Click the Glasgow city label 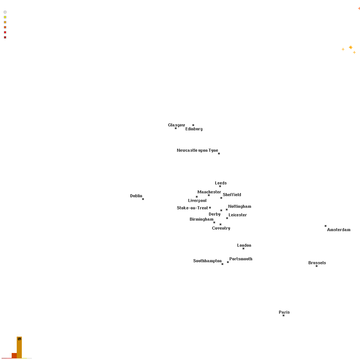pyautogui.click(x=176, y=125)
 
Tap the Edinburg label pyautogui.click(x=194, y=129)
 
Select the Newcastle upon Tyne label pyautogui.click(x=197, y=150)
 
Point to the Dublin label pyautogui.click(x=136, y=196)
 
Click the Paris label pyautogui.click(x=284, y=312)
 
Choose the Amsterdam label pyautogui.click(x=339, y=230)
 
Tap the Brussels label pyautogui.click(x=317, y=263)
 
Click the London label pyautogui.click(x=244, y=246)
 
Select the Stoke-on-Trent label pyautogui.click(x=192, y=208)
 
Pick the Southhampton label pyautogui.click(x=207, y=261)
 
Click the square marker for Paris pyautogui.click(x=284, y=316)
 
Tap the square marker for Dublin pyautogui.click(x=143, y=199)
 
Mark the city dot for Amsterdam pyautogui.click(x=326, y=226)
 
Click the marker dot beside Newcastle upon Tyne pyautogui.click(x=219, y=154)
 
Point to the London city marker pyautogui.click(x=243, y=248)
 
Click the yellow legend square pyautogui.click(x=5, y=17)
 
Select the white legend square pyautogui.click(x=5, y=12)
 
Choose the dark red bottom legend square pyautogui.click(x=5, y=37)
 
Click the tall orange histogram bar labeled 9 pyautogui.click(x=19, y=348)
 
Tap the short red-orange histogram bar pyautogui.click(x=14, y=356)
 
